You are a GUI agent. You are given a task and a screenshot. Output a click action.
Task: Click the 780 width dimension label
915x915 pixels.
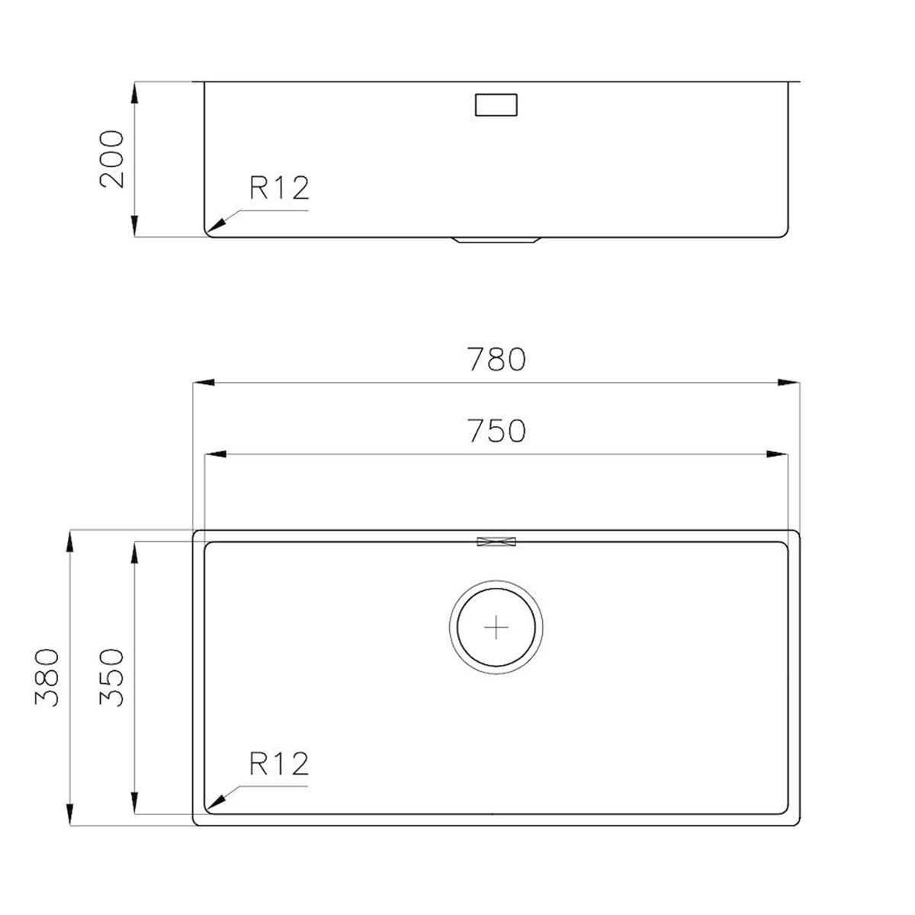coord(496,359)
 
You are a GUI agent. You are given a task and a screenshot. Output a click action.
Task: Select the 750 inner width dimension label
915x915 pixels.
coord(496,432)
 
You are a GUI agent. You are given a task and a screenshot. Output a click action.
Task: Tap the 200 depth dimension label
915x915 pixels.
coord(111,159)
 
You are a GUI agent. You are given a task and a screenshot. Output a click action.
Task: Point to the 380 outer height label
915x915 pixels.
coord(47,677)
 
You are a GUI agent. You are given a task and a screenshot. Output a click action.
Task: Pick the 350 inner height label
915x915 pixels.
coord(111,677)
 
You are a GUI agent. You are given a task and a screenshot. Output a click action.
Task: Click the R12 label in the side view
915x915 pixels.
coord(279,188)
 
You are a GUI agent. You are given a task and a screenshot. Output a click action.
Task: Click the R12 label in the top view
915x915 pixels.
coord(279,763)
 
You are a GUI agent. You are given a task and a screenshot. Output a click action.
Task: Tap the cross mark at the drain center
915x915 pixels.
coord(496,627)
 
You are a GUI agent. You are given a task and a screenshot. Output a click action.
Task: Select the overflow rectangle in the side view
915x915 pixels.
coord(496,104)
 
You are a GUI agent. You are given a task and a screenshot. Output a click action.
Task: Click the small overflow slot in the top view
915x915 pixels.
coord(496,541)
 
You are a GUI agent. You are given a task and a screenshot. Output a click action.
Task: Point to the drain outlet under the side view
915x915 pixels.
coord(496,240)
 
